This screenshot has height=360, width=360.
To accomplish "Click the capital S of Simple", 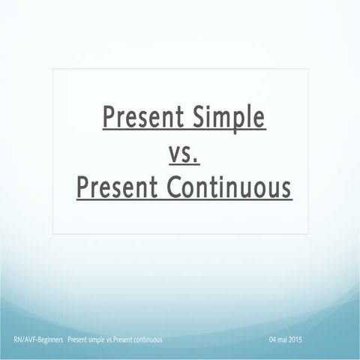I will (x=198, y=118).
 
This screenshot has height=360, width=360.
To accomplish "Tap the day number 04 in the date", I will (x=272, y=340).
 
